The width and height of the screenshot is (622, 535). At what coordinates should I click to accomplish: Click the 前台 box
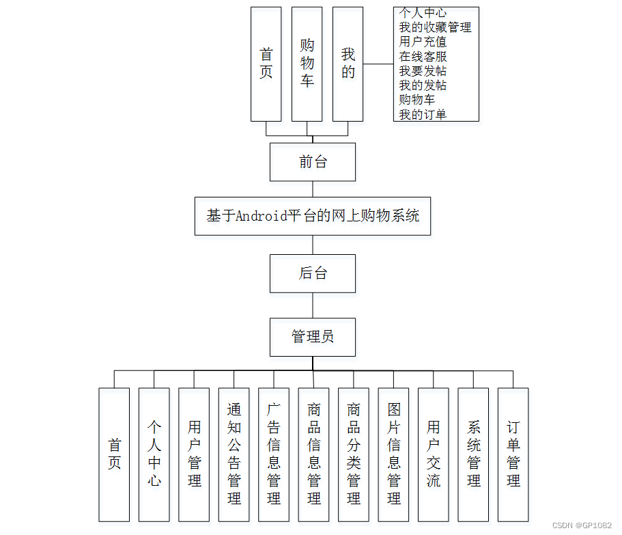[x=313, y=162]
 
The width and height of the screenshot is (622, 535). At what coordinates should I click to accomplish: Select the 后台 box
[x=313, y=273]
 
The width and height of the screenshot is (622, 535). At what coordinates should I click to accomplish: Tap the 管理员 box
[x=313, y=337]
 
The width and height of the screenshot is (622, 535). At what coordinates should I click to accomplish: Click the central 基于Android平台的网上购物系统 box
[x=313, y=216]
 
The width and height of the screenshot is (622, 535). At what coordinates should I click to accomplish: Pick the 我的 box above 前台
[x=348, y=64]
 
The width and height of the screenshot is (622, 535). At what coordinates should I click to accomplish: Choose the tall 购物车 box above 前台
[x=307, y=64]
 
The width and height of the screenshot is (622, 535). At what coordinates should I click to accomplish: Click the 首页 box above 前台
[x=266, y=64]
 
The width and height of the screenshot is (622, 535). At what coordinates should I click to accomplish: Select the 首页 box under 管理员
[x=114, y=454]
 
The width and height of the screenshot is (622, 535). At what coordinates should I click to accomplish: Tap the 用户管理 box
[x=194, y=454]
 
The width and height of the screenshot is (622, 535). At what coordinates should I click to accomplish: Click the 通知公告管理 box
[x=234, y=454]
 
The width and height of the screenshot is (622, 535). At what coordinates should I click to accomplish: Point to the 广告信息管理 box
[x=274, y=454]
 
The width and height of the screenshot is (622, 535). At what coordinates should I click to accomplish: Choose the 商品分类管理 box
[x=354, y=454]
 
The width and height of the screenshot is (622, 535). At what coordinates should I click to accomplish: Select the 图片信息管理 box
[x=394, y=454]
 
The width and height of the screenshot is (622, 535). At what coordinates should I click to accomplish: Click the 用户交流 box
[x=434, y=454]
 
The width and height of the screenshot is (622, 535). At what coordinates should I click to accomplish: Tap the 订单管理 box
[x=513, y=454]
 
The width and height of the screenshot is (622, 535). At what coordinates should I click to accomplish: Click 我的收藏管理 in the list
[x=435, y=27]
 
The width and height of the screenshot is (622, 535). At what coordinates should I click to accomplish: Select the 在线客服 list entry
[x=423, y=57]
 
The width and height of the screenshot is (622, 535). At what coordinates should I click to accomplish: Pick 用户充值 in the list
[x=423, y=42]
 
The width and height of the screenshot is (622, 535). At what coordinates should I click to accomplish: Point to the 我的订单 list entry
[x=423, y=114]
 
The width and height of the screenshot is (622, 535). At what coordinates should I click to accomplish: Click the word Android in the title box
[x=261, y=216]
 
